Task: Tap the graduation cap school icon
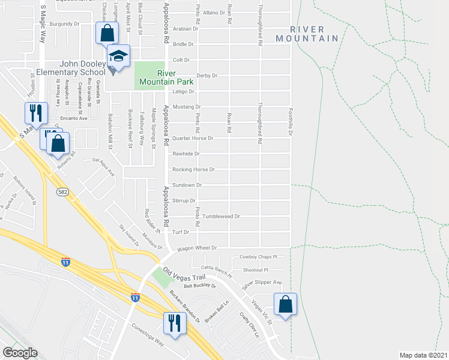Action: [x=119, y=57]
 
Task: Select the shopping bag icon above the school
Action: [x=106, y=33]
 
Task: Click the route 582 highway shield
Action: [x=62, y=191]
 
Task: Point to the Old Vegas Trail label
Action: [x=184, y=276]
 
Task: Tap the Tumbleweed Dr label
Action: [x=221, y=216]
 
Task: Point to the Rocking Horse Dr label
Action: [x=193, y=170]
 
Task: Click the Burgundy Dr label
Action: [x=65, y=24]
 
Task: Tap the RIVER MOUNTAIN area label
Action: [x=307, y=34]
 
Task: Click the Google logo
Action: [x=20, y=352]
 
